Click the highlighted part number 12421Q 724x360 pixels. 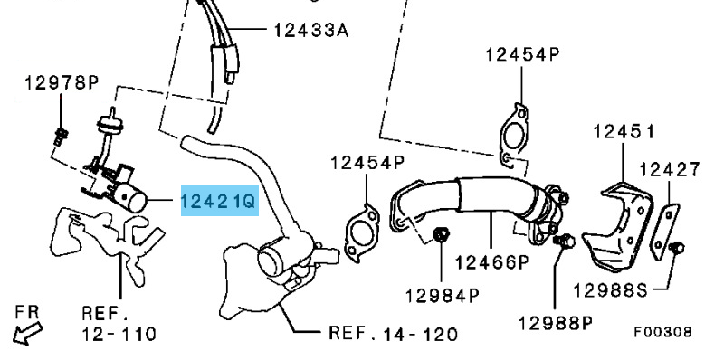pyautogui.click(x=219, y=201)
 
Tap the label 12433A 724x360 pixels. pyautogui.click(x=311, y=31)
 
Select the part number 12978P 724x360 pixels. pyautogui.click(x=62, y=83)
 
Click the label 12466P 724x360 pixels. pyautogui.click(x=492, y=262)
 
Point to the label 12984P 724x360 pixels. pyautogui.click(x=443, y=295)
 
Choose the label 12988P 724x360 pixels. pyautogui.click(x=555, y=323)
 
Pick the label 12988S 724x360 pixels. pyautogui.click(x=610, y=290)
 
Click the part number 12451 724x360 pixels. pyautogui.click(x=624, y=132)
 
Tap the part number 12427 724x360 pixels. pyautogui.click(x=670, y=170)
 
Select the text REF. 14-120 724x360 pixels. pyautogui.click(x=394, y=333)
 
